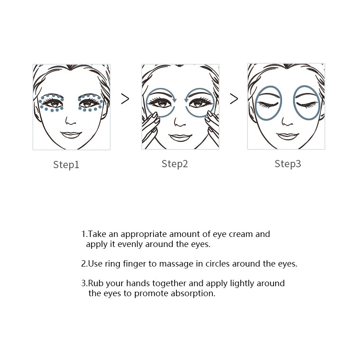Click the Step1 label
(x=66, y=165)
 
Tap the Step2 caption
(x=175, y=164)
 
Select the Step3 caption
(x=288, y=164)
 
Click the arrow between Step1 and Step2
(x=125, y=99)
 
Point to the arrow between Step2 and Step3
(x=234, y=99)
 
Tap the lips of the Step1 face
(x=71, y=135)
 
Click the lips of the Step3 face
(x=287, y=135)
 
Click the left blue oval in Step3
(x=268, y=103)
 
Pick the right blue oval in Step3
(x=306, y=103)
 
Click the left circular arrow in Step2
(x=160, y=102)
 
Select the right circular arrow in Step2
(x=200, y=102)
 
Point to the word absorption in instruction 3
(x=192, y=293)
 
